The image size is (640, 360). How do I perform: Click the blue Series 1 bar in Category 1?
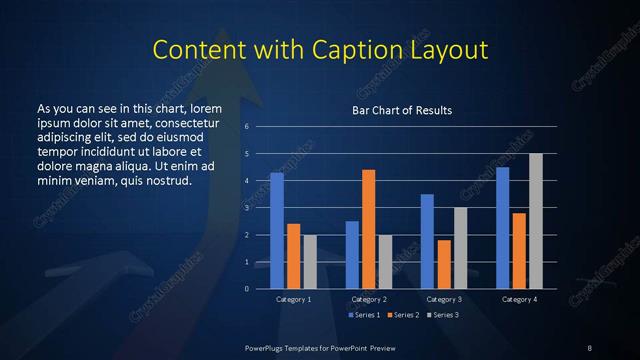click(x=277, y=231)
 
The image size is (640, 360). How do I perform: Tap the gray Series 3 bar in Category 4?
click(x=536, y=221)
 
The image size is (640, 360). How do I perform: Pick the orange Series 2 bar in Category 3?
click(x=444, y=264)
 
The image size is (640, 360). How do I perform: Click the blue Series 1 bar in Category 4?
click(x=503, y=228)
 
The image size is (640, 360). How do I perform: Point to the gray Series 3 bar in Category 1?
click(x=310, y=262)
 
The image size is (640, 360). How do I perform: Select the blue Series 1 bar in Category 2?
click(x=352, y=255)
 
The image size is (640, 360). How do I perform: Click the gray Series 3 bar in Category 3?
click(x=460, y=248)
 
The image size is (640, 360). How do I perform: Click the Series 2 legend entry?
click(x=404, y=315)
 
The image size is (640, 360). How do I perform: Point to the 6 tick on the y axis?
click(x=247, y=127)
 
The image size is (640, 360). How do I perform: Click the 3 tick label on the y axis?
click(x=247, y=208)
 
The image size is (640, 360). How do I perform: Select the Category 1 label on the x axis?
click(x=294, y=299)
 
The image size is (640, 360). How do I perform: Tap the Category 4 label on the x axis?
click(x=519, y=299)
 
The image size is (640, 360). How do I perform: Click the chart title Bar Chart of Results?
click(x=401, y=110)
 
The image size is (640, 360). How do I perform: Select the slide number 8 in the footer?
click(x=589, y=347)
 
